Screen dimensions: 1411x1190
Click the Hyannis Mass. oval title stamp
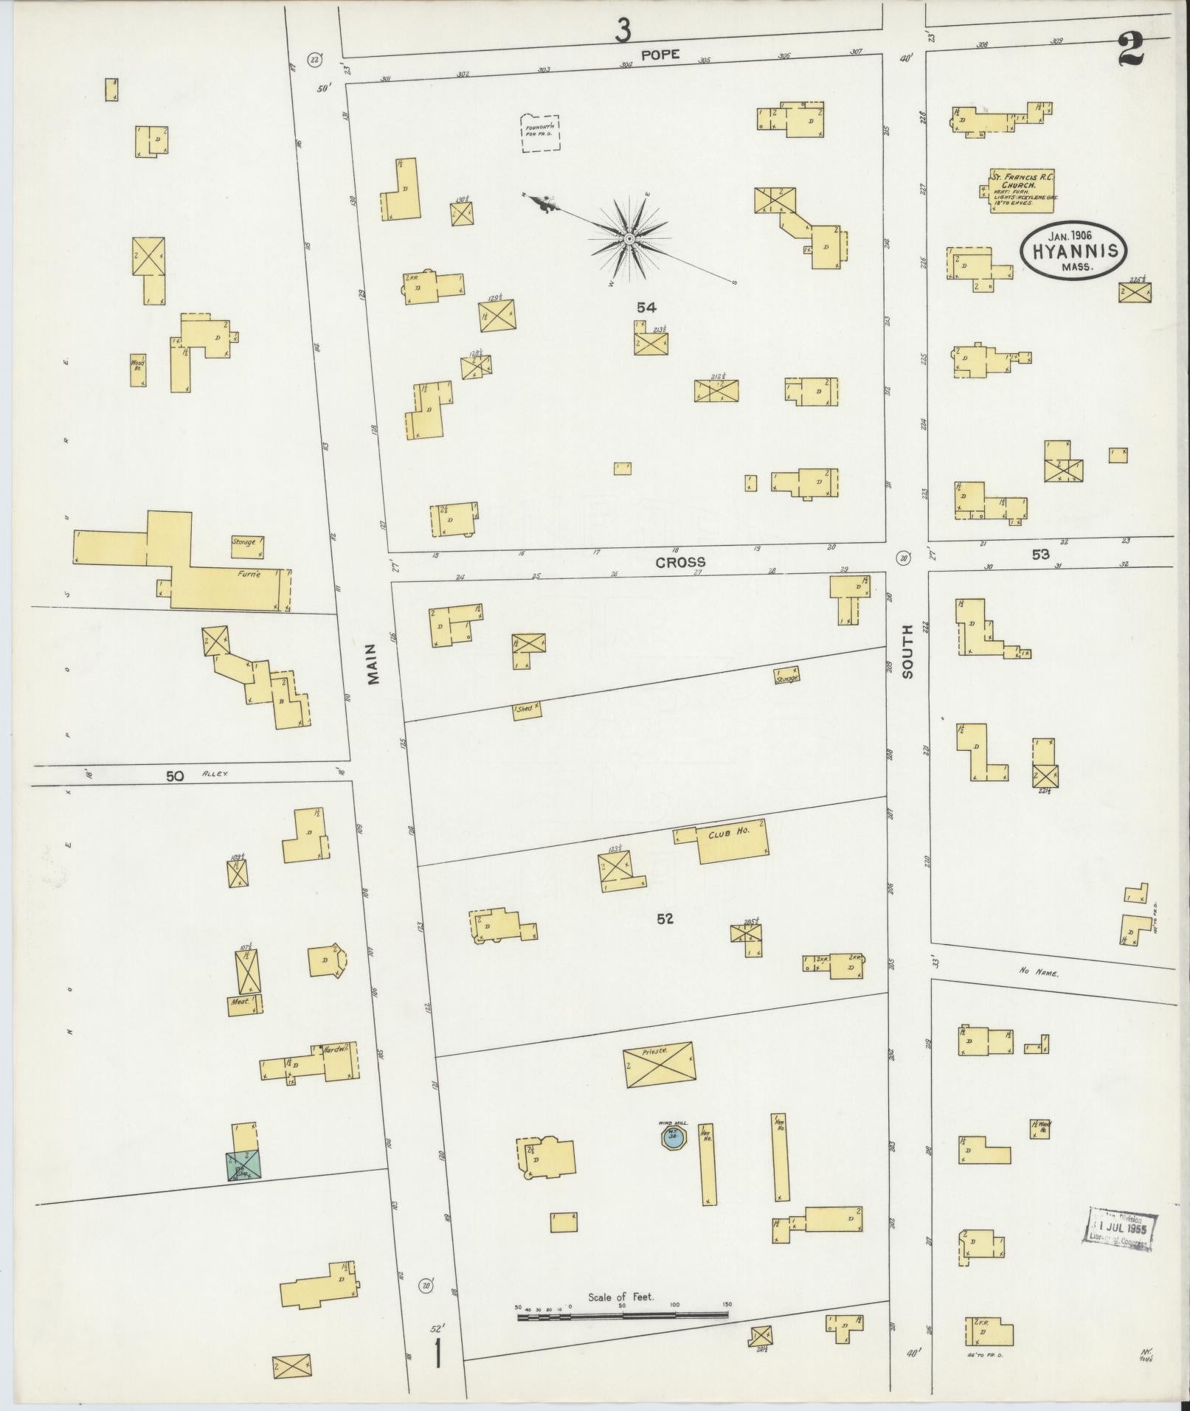1073,251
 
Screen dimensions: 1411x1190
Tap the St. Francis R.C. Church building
1021,190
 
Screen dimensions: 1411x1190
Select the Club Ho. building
732,841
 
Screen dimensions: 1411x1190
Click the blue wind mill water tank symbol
672,1156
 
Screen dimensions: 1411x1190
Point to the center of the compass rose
629,239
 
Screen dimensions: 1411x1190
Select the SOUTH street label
907,651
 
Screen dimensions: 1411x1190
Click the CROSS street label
679,562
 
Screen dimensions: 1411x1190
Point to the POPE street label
658,55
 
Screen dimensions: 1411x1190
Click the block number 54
646,307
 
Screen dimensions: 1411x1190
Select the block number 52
665,919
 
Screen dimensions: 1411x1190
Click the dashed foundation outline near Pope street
540,134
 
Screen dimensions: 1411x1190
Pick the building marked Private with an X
658,1064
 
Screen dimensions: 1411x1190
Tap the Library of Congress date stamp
1119,1229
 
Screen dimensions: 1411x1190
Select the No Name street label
1039,974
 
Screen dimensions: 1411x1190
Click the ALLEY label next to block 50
215,774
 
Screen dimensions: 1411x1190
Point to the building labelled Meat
244,1005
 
